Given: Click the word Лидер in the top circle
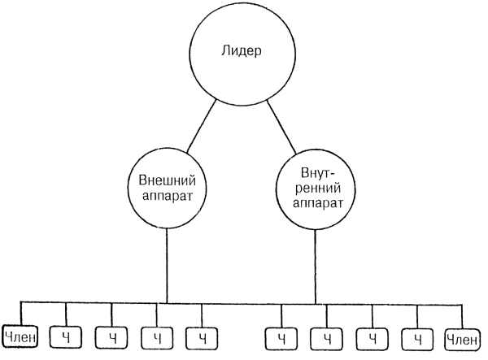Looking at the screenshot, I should [x=241, y=51].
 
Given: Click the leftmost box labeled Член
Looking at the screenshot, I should [x=20, y=335].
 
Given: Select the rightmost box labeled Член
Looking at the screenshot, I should [x=462, y=335].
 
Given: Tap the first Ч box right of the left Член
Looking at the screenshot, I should [x=66, y=336].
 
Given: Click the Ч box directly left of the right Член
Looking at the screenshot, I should [x=418, y=336].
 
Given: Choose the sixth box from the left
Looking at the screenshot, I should [x=282, y=336].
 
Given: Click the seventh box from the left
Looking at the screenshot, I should [x=327, y=336].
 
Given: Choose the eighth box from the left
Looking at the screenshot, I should [x=373, y=336].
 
